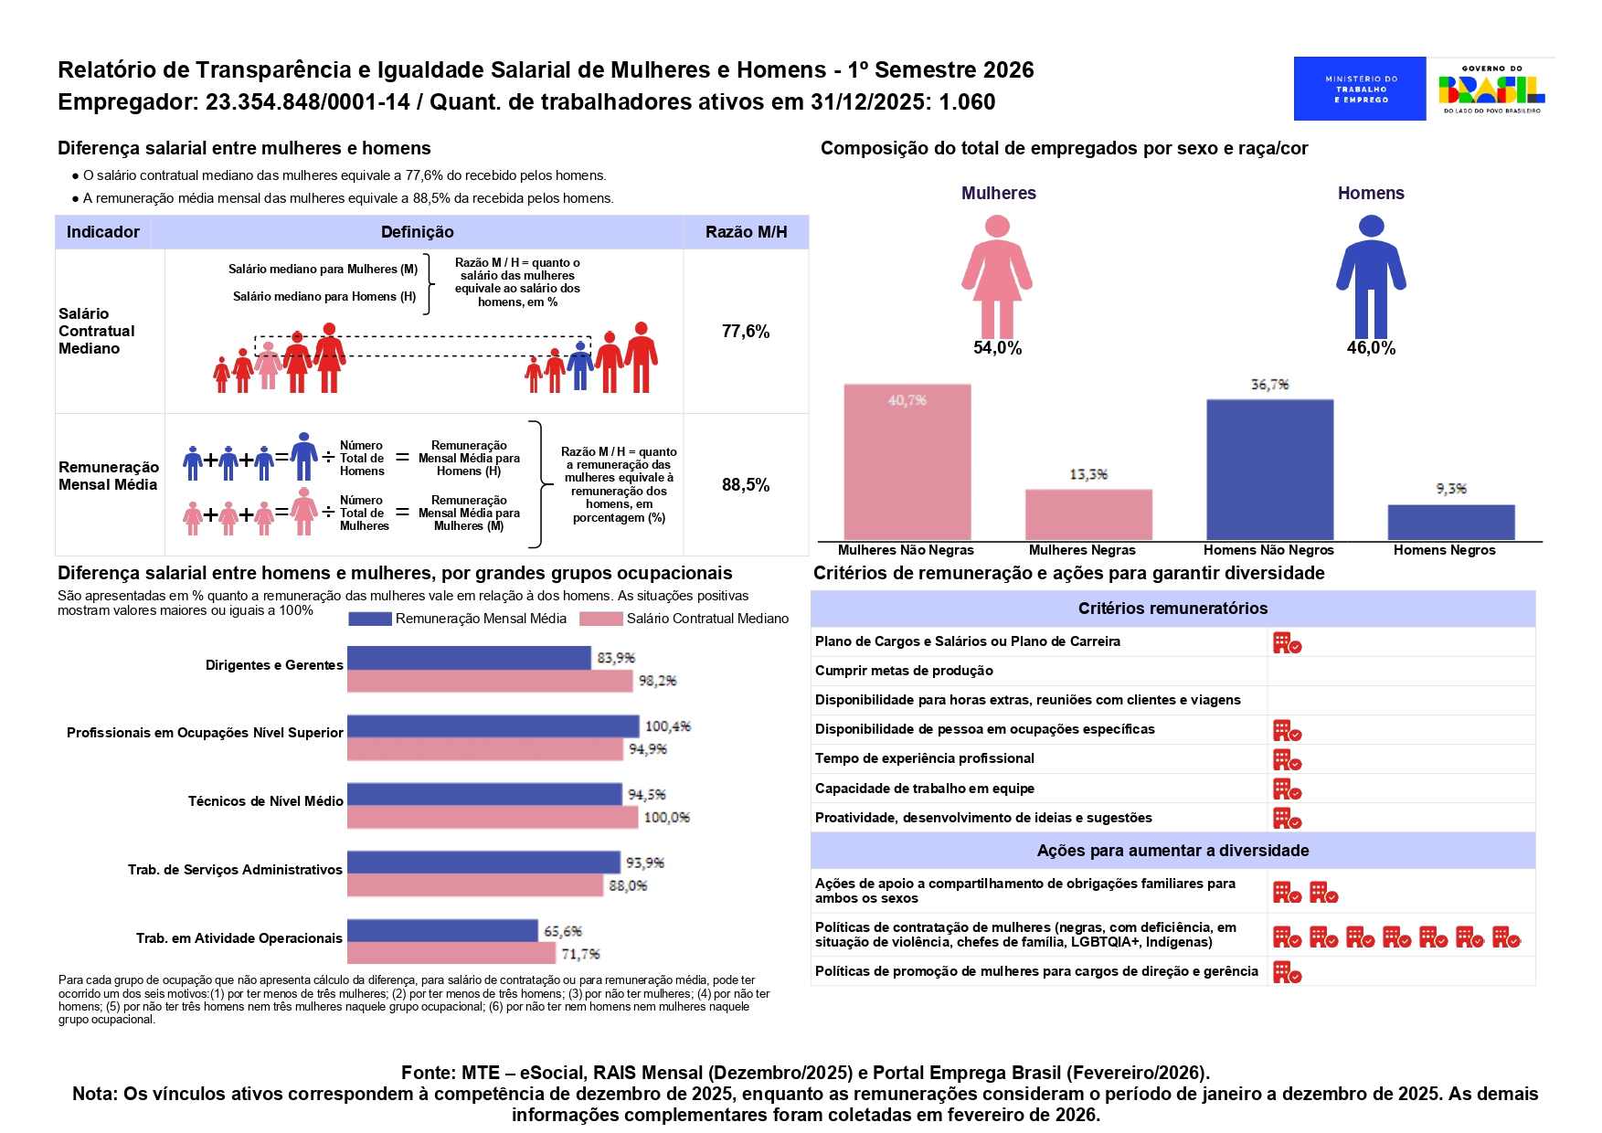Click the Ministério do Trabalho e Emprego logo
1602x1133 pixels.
click(1359, 89)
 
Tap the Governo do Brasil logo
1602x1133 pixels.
click(1491, 89)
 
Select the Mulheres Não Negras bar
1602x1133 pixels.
click(907, 462)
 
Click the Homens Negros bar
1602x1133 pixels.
click(1450, 523)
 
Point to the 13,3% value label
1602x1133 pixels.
click(1088, 475)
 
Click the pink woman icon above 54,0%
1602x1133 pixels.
click(997, 276)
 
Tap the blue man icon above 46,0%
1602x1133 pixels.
click(1371, 276)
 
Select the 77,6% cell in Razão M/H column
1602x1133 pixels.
click(746, 332)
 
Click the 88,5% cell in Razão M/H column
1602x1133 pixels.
click(746, 485)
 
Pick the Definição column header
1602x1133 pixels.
click(417, 232)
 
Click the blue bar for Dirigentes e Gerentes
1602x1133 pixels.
click(469, 658)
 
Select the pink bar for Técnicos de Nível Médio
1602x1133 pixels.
click(492, 817)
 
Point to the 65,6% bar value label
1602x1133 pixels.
click(563, 932)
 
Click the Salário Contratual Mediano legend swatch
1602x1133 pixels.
click(600, 619)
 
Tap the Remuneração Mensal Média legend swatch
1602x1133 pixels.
click(369, 619)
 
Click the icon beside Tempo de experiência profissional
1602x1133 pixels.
click(1287, 760)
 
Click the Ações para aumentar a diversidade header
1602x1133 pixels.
click(1172, 851)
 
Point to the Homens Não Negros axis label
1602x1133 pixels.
click(1268, 550)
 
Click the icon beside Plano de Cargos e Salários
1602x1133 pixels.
click(1287, 643)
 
